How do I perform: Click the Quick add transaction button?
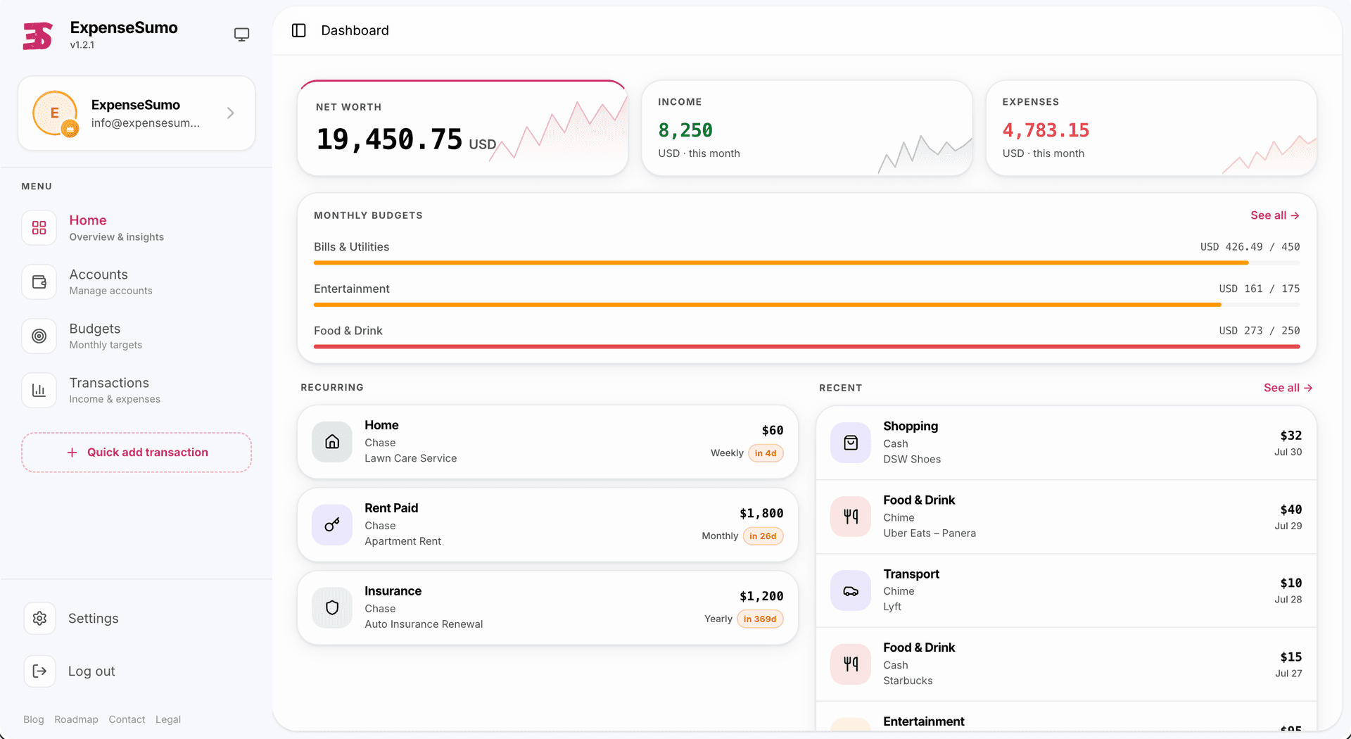click(137, 453)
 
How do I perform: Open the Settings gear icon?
click(39, 618)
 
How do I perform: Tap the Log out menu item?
click(91, 671)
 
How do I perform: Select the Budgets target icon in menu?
click(39, 336)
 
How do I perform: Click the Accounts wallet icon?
click(39, 282)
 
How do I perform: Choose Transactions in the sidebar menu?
click(109, 390)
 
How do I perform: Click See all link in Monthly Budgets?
click(1274, 215)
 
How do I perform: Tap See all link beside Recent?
click(1288, 388)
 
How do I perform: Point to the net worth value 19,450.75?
click(389, 139)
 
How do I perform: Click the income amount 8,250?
click(685, 130)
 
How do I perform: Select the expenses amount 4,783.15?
click(1046, 130)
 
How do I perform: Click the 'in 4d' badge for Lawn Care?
click(766, 453)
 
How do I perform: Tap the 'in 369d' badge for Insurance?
click(760, 619)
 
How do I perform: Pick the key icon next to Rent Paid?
click(332, 525)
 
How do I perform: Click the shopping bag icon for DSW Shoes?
click(851, 443)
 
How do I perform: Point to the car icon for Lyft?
click(851, 591)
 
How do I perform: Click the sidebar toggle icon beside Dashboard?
click(299, 30)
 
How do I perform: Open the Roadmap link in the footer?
click(76, 719)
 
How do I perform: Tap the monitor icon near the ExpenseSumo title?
click(241, 34)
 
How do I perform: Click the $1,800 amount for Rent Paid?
click(761, 514)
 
